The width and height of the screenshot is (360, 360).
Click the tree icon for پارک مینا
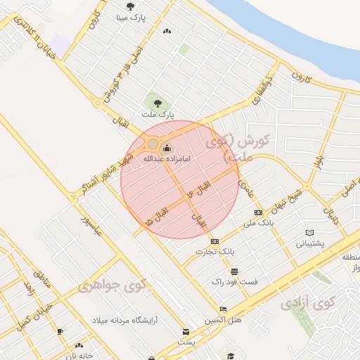(x=129, y=7)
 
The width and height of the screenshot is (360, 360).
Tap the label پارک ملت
(x=157, y=114)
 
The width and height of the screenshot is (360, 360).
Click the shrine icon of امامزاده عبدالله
(x=167, y=147)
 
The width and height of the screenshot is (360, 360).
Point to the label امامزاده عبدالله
(x=167, y=159)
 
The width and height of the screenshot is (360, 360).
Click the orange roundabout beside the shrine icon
(x=153, y=144)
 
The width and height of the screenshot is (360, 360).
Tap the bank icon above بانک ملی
(x=257, y=212)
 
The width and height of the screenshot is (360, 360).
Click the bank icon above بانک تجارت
(x=214, y=240)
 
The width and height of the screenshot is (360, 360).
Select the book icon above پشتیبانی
(x=309, y=233)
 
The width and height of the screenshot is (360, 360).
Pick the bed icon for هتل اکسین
(x=223, y=309)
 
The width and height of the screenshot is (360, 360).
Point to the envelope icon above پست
(x=186, y=331)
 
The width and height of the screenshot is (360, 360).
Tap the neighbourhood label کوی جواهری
(x=114, y=286)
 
